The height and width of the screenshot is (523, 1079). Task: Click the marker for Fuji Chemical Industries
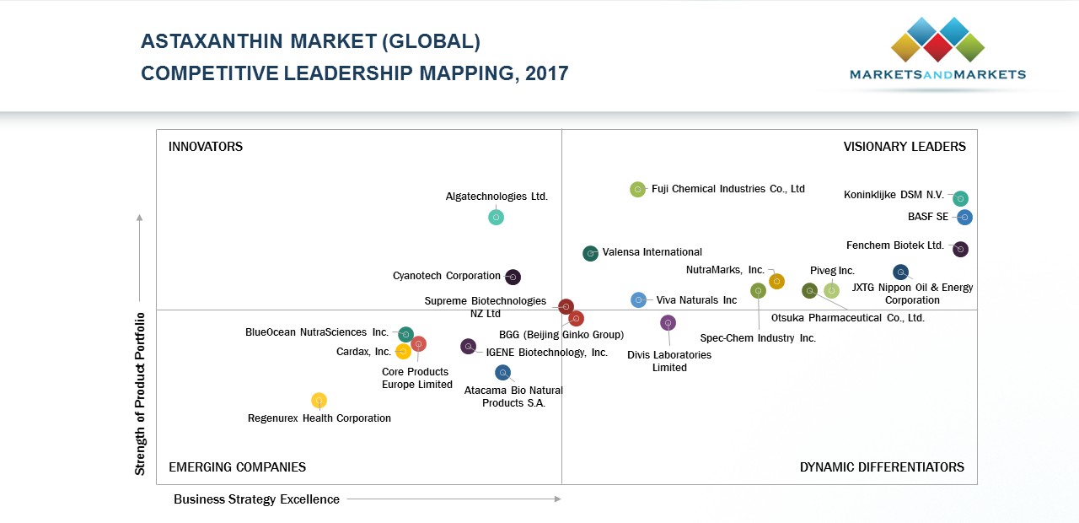coord(637,190)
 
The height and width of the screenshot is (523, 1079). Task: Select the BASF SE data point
coord(965,218)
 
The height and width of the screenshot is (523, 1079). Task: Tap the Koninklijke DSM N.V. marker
coord(960,199)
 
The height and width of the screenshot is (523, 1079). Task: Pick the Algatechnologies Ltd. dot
coord(496,218)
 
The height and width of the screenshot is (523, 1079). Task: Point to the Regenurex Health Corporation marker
coord(319,401)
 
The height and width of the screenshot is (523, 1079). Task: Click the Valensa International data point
coord(591,253)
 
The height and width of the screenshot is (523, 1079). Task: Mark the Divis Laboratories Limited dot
coord(668,323)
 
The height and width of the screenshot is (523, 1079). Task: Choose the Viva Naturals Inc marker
coord(639,300)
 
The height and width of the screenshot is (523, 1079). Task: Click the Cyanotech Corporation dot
coord(513,277)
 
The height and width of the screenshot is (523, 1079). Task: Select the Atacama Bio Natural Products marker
coord(503,373)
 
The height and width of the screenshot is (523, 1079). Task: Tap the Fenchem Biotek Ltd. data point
coord(960,250)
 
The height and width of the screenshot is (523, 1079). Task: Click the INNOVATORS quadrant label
coord(206,147)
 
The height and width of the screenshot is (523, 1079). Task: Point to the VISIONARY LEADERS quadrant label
coord(905,147)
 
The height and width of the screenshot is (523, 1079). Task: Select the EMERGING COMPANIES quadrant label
coord(237,467)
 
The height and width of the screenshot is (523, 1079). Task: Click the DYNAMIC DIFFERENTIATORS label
coord(882,467)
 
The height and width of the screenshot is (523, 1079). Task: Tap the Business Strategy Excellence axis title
coord(256,499)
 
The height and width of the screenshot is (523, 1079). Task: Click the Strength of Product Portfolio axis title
coord(141,394)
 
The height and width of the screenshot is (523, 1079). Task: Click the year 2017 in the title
coord(546,73)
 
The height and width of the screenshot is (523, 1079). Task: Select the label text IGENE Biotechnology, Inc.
coord(546,353)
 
